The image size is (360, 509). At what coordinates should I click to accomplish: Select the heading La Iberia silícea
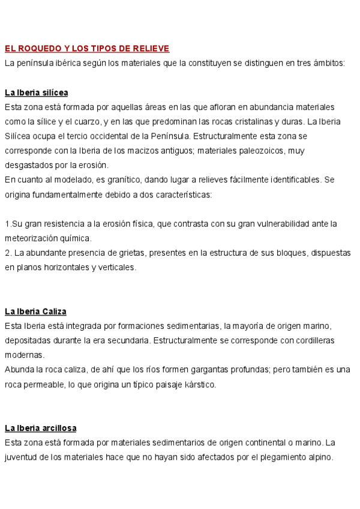(x=36, y=92)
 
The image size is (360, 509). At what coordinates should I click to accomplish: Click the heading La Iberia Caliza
(x=35, y=311)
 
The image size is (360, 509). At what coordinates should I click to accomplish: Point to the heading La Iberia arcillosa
(x=40, y=428)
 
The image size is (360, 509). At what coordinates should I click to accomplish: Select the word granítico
(x=116, y=179)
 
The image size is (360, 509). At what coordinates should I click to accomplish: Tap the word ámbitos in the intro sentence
(x=329, y=63)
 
